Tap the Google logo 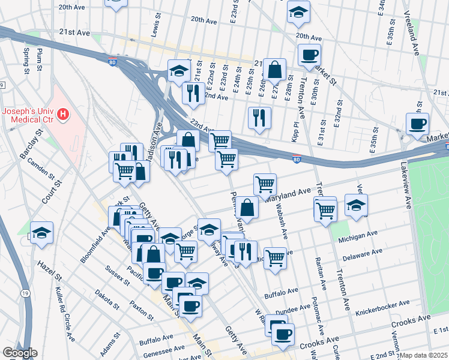pos(20,353)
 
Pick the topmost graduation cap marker pos(298,11)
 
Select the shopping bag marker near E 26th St pos(274,70)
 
